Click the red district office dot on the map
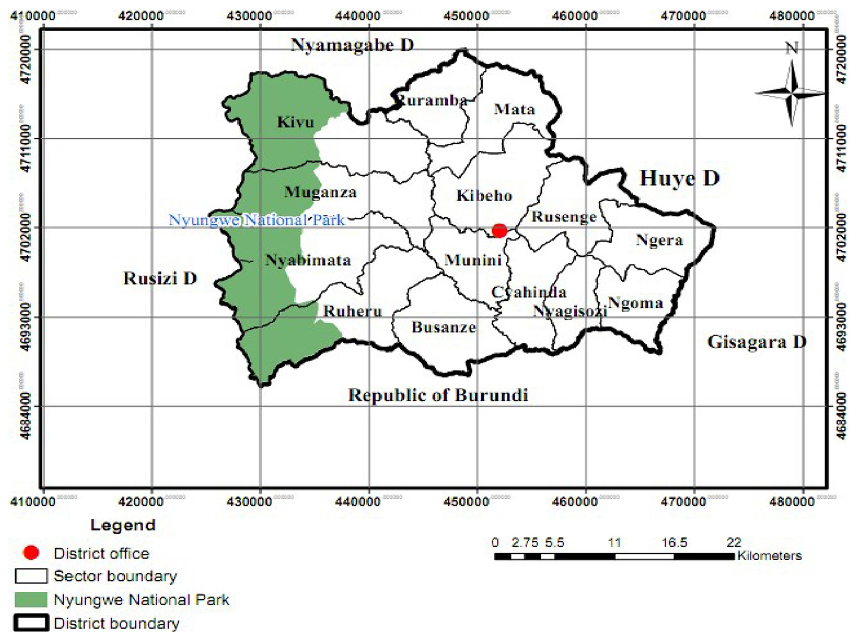499,230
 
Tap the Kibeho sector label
483,196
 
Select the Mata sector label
514,109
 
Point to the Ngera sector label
659,240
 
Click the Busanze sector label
443,327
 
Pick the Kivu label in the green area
295,121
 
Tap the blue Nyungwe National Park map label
257,220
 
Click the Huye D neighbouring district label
679,178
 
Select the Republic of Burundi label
438,395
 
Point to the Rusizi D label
160,278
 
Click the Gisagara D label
756,342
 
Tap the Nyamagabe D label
352,45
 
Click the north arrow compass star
792,93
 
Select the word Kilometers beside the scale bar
769,556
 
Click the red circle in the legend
31,553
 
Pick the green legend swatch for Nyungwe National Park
31,600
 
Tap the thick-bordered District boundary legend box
31,623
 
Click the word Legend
123,525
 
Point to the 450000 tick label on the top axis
467,16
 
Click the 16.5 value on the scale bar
674,542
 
